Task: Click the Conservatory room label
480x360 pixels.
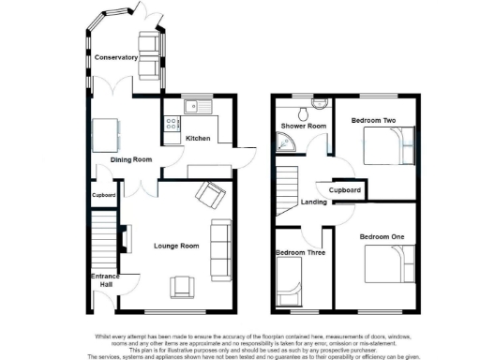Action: pyautogui.click(x=116, y=57)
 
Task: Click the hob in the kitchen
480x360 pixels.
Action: pyautogui.click(x=172, y=123)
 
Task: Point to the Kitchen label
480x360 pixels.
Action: pyautogui.click(x=198, y=139)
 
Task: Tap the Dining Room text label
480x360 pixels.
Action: pyautogui.click(x=131, y=160)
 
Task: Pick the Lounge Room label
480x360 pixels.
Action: pyautogui.click(x=177, y=246)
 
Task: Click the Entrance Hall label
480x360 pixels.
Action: pyautogui.click(x=104, y=281)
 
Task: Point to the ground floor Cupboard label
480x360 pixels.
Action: pyautogui.click(x=103, y=195)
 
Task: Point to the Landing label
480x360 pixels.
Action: pyautogui.click(x=313, y=202)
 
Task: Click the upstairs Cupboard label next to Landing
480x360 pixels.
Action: pyautogui.click(x=345, y=190)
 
